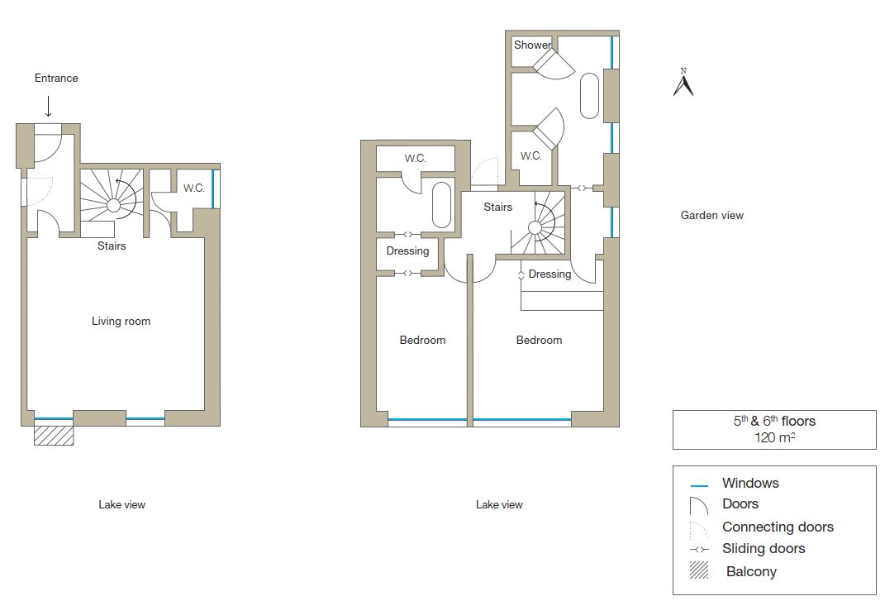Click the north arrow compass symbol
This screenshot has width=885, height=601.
pos(683,83)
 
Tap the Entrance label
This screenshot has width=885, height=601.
pos(56,78)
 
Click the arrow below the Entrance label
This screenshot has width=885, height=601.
pos(49,106)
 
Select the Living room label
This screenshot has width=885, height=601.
pos(121,321)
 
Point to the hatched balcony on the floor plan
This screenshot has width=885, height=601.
pos(54,435)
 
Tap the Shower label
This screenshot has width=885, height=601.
pos(532,45)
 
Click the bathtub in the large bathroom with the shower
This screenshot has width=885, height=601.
pos(589,96)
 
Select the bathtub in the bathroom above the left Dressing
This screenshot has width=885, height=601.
pos(442,204)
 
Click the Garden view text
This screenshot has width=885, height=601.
pos(711,215)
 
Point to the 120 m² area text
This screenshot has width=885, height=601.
pos(774,437)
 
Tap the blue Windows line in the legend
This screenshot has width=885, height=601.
pos(699,485)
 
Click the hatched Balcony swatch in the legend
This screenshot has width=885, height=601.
pos(699,570)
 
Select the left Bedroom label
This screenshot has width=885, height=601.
pos(422,340)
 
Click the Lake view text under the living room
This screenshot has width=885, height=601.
pos(122,504)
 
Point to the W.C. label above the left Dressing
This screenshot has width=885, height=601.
pos(415,159)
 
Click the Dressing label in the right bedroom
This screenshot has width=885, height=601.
pos(550,274)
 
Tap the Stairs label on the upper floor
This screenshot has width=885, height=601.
pos(497,207)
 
